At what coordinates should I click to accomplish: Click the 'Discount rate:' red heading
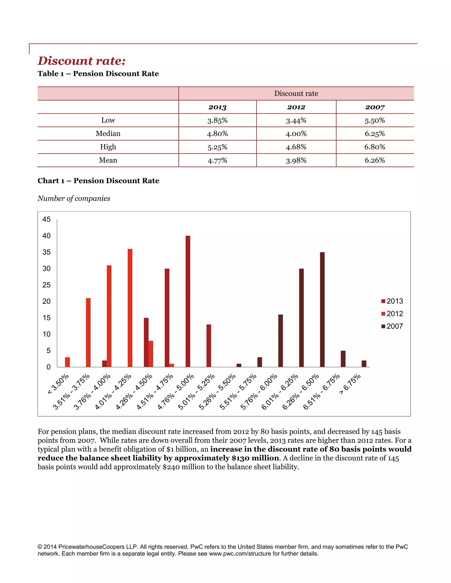coord(81,61)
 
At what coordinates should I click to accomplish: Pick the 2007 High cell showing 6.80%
coord(375,147)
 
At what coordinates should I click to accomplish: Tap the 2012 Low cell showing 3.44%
coord(296,120)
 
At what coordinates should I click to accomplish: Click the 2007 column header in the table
coord(375,107)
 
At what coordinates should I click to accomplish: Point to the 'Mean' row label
coord(108,160)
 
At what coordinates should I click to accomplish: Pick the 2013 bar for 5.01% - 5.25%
coord(209,345)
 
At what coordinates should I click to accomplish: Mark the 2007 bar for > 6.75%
coord(364,364)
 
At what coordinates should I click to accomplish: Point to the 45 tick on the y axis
coord(46,219)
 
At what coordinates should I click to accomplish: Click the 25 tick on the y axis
coord(46,285)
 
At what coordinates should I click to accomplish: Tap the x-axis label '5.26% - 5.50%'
coord(217,392)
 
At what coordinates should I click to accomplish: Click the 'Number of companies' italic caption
coord(74,198)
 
